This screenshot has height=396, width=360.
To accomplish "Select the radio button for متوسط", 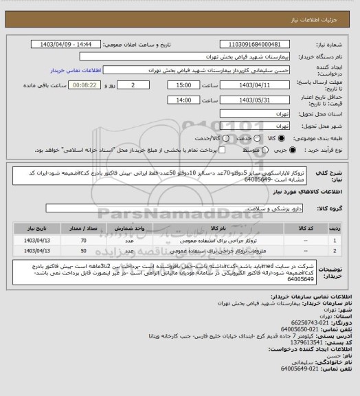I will (257, 148).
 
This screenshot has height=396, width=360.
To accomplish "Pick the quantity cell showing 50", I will (83, 252).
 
